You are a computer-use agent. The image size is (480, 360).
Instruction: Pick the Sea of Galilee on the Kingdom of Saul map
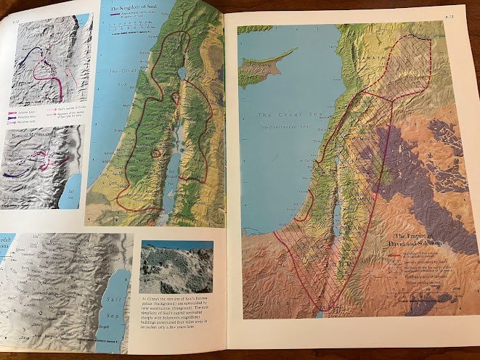179,75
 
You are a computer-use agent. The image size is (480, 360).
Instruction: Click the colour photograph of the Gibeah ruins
176,267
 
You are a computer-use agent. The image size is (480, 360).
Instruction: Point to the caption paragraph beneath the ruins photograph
175,316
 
